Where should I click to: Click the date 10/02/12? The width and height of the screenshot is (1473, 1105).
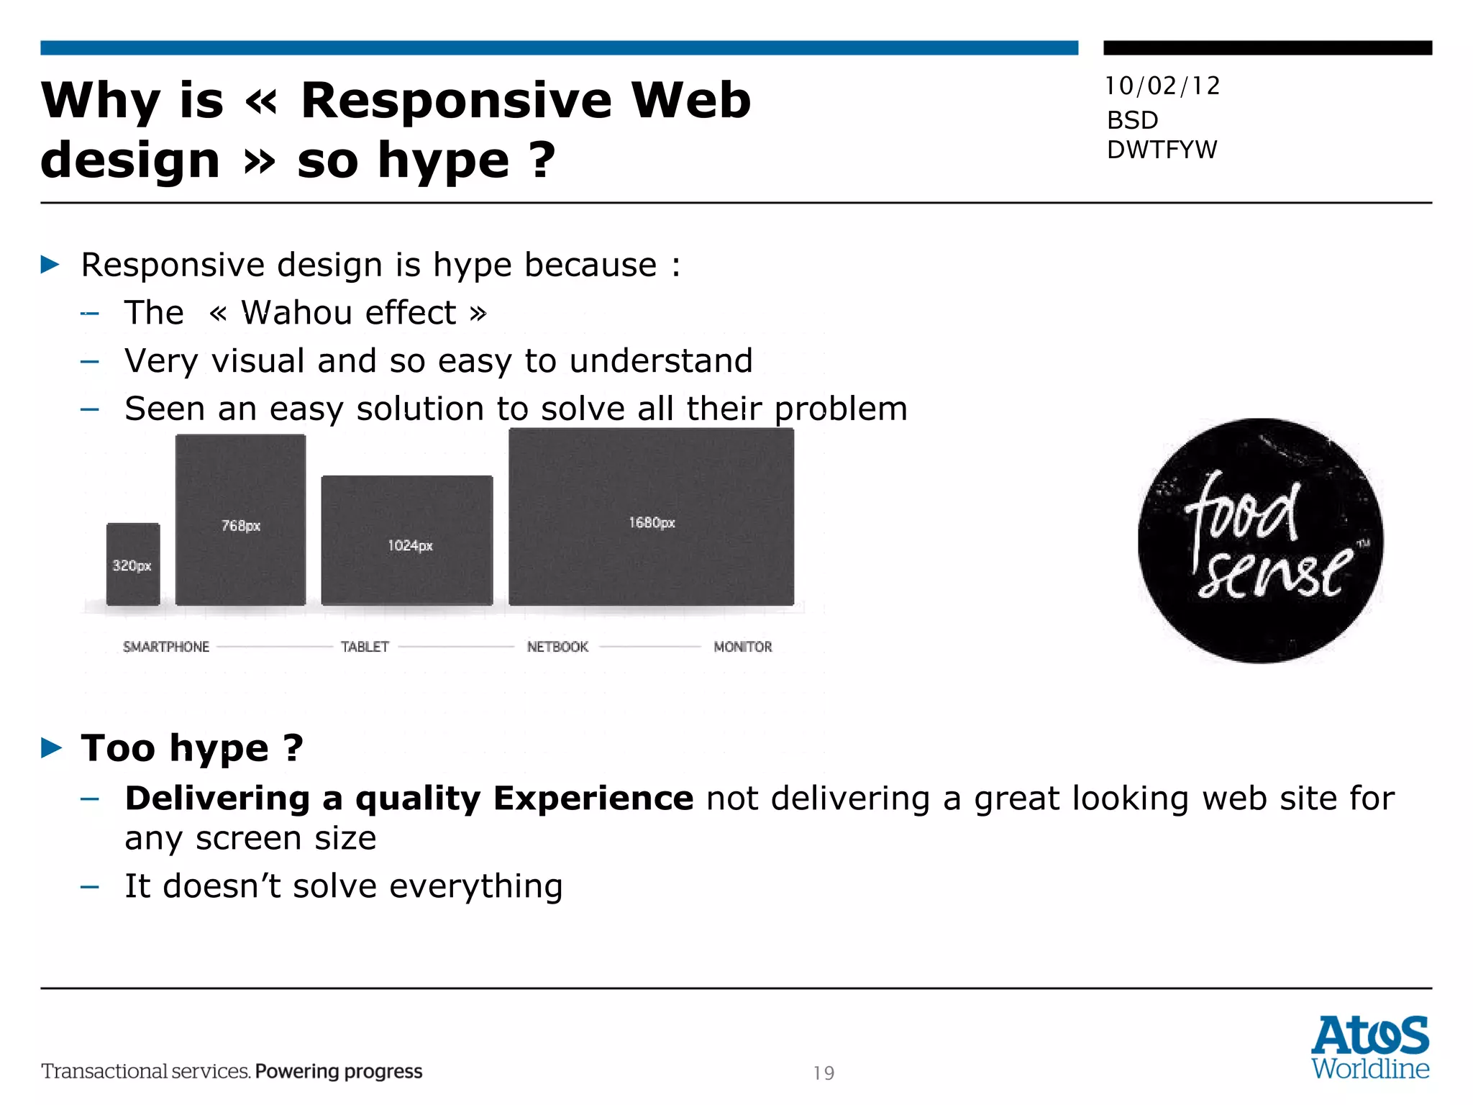click(x=1162, y=86)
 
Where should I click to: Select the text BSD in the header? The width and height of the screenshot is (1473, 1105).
click(x=1132, y=120)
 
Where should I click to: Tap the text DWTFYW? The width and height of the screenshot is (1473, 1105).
click(x=1162, y=150)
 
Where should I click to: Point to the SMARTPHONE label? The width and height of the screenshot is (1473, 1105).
click(x=166, y=647)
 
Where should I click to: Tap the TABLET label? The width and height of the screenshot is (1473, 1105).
click(x=365, y=647)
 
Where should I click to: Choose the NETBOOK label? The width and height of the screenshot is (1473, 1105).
click(x=557, y=647)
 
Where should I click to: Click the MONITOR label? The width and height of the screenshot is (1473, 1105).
click(x=742, y=647)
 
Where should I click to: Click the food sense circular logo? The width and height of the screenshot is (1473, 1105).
click(x=1260, y=540)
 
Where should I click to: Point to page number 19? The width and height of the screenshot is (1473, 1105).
click(x=824, y=1073)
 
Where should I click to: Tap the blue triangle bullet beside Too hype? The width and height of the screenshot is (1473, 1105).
click(x=52, y=748)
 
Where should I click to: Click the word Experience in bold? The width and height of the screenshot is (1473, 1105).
click(x=593, y=799)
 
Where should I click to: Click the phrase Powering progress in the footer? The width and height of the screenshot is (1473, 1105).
click(x=338, y=1071)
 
